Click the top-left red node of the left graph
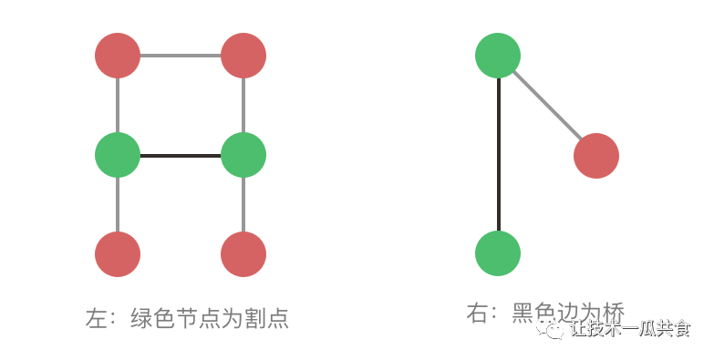118,56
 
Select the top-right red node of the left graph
243,56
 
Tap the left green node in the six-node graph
118,155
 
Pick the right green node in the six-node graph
243,155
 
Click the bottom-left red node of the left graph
118,254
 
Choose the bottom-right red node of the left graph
243,254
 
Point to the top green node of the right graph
498,56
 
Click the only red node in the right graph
596,156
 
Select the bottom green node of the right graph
498,253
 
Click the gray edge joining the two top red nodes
181,56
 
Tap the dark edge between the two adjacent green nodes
181,155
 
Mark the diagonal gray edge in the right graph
547,106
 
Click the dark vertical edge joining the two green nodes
498,155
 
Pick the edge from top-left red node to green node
118,105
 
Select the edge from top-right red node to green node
243,105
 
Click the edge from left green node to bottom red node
118,205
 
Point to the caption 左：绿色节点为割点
187,318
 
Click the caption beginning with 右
544,312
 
